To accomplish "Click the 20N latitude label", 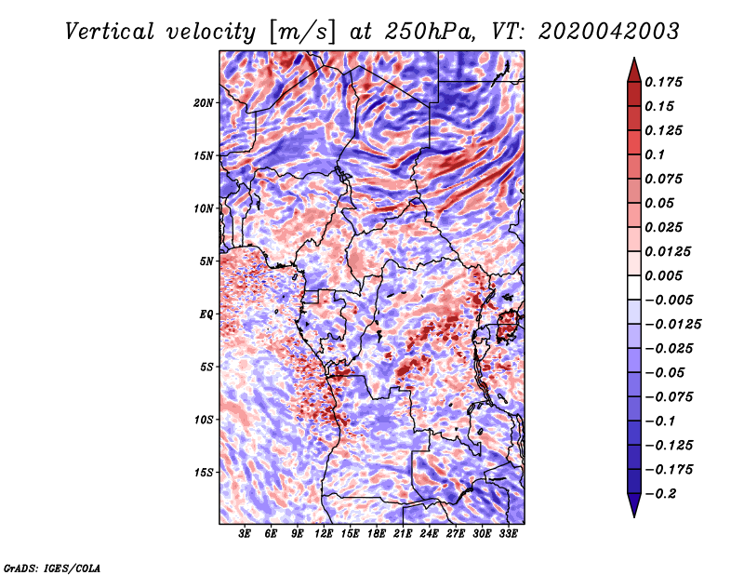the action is coord(204,103).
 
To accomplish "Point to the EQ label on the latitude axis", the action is coord(206,314).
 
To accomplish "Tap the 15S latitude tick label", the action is coord(204,473).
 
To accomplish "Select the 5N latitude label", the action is coord(206,261).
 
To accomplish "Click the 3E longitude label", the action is coord(245,534).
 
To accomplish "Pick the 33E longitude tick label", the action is coord(508,534).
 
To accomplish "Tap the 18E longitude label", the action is coord(377,534).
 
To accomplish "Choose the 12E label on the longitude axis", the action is coord(324,534).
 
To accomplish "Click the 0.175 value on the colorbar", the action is coord(663,83).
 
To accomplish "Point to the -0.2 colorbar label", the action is coord(661,494).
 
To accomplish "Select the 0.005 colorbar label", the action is coord(663,276).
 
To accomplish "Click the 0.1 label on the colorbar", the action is coord(655,155).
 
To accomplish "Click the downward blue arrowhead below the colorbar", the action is coord(634,505).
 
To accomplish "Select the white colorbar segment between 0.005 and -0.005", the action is coord(634,287).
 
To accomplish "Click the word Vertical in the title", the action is coord(110,32).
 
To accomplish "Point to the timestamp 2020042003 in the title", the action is coord(609,32).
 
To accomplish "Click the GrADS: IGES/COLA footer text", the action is coord(52,568).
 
